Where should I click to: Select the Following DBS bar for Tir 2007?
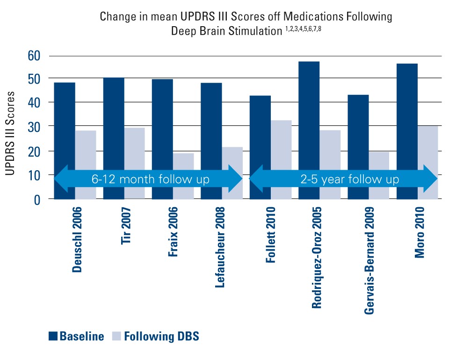coord(134,150)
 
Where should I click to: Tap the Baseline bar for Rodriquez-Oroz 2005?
coord(309,117)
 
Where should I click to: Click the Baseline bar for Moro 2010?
coord(407,117)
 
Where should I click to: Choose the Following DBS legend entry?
coord(156,337)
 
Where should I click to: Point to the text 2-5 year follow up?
coord(344,179)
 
